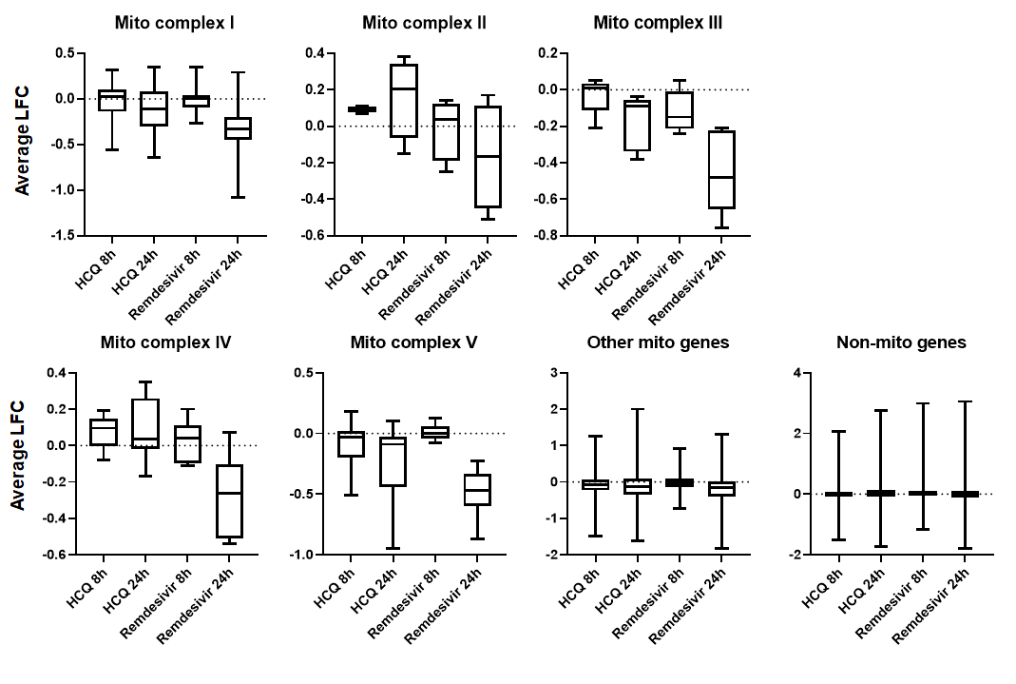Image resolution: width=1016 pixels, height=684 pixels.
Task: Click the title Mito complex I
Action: [x=174, y=22]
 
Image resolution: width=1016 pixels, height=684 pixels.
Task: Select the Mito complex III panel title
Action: [x=657, y=22]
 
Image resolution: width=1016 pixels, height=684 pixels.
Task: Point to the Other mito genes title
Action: [x=658, y=342]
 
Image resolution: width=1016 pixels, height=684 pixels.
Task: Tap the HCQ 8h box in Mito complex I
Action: [x=112, y=100]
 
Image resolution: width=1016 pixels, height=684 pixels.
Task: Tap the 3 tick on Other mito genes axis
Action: [x=552, y=373]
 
